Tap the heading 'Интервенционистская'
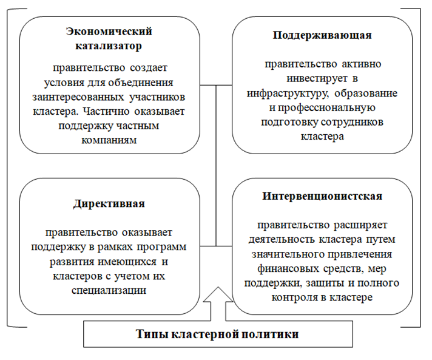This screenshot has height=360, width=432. tap(322, 197)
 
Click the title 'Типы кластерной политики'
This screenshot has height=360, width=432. tap(217, 335)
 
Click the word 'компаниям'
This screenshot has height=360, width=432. tap(110, 140)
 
